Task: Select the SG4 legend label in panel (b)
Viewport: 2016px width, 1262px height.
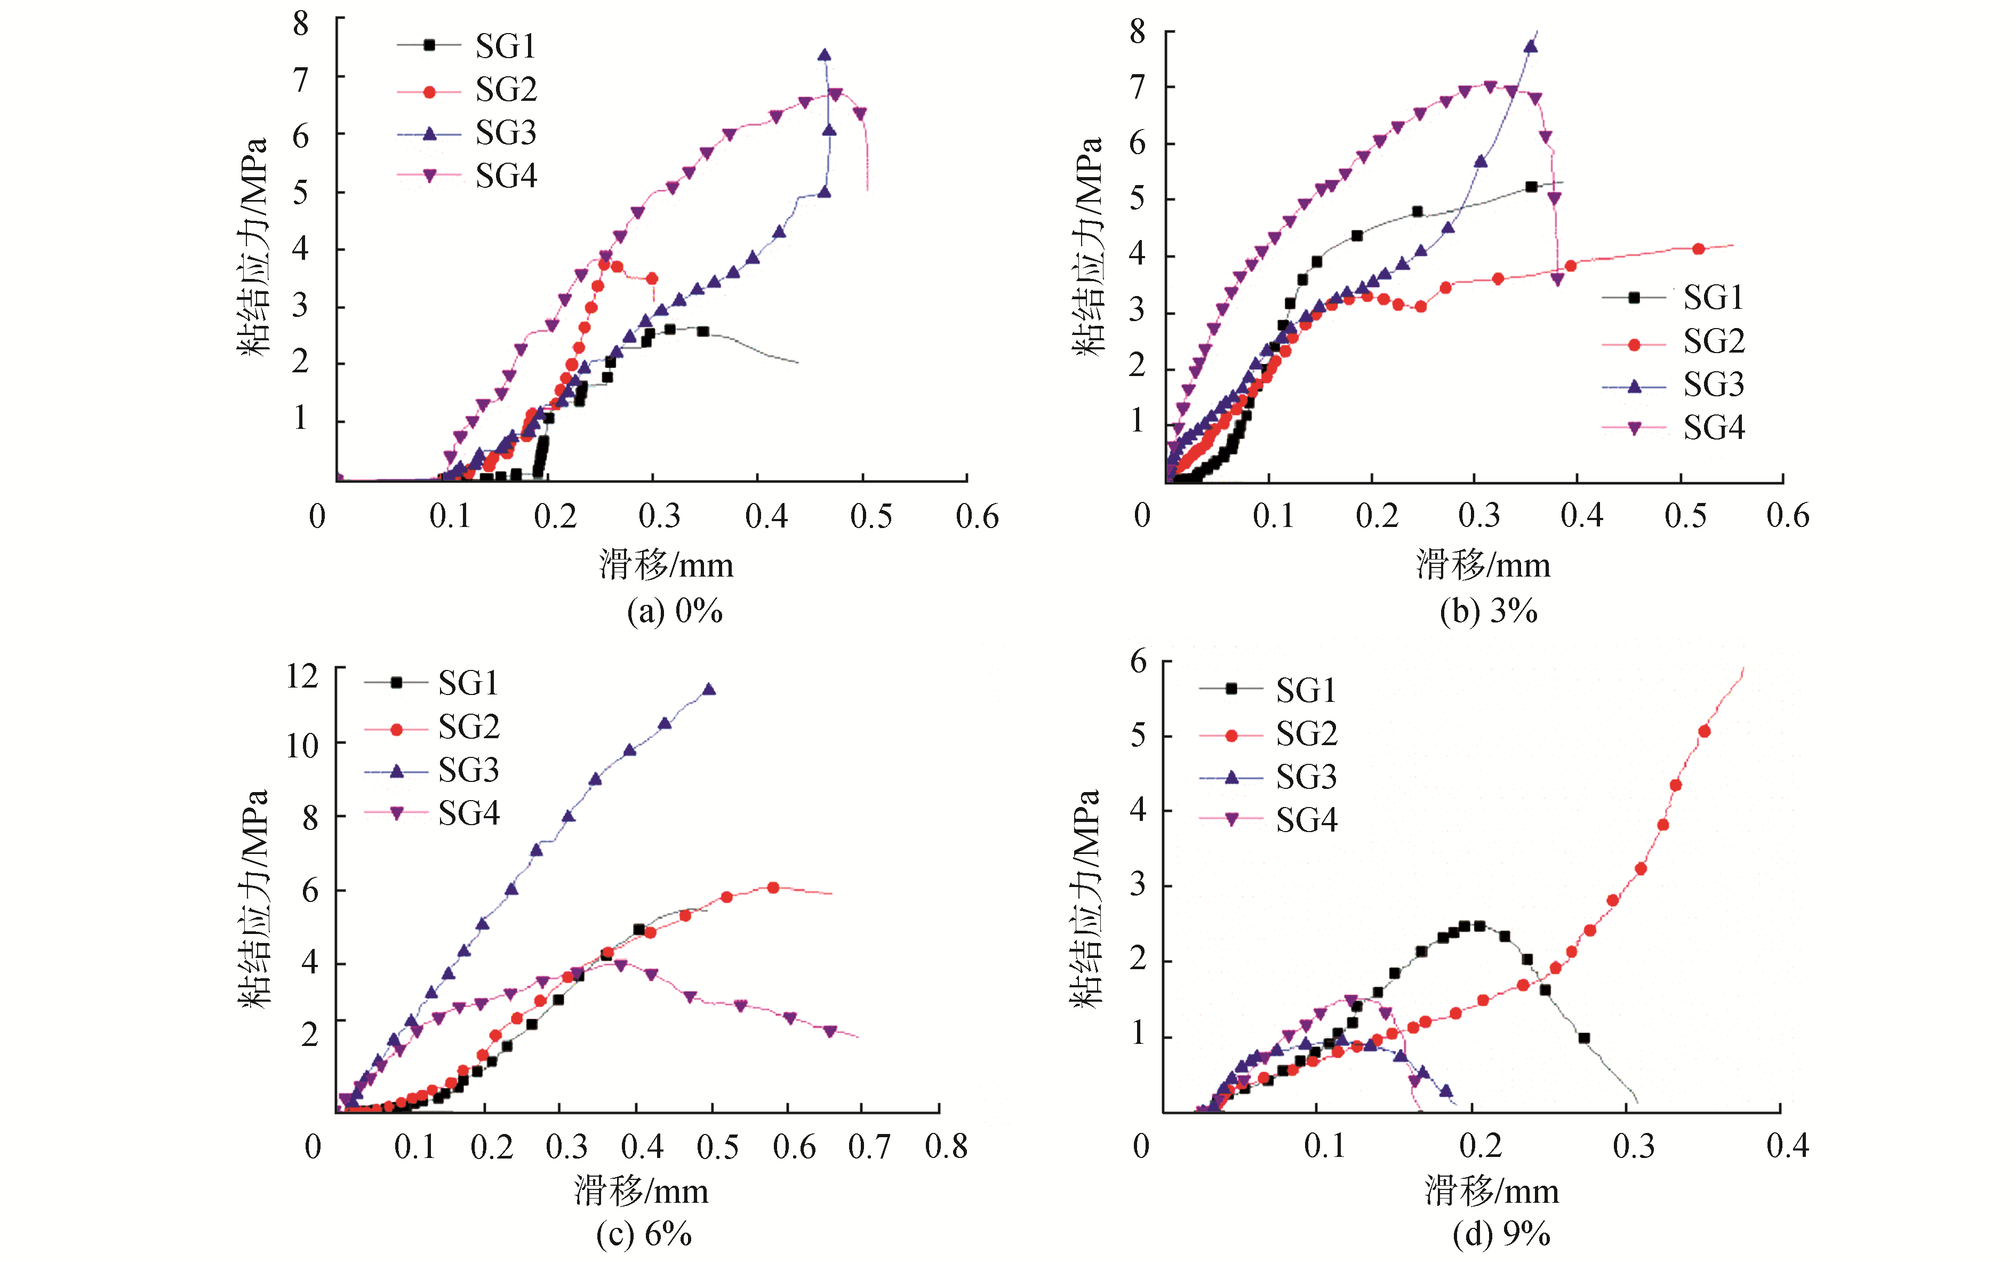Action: (x=1713, y=428)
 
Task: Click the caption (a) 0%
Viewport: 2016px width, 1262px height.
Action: (x=674, y=612)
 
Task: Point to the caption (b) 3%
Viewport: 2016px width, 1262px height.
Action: (x=1489, y=612)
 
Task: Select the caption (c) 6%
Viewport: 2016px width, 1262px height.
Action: (x=643, y=1234)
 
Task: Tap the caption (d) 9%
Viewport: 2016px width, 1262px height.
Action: (x=1501, y=1234)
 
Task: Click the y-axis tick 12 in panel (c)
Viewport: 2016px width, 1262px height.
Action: (x=302, y=676)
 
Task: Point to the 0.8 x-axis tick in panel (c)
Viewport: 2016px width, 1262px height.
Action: (x=946, y=1147)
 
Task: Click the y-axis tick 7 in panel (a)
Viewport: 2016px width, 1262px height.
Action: (x=300, y=80)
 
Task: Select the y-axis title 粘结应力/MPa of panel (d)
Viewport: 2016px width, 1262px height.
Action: (x=1088, y=897)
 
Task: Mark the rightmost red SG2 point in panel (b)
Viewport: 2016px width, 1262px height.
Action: (x=1698, y=249)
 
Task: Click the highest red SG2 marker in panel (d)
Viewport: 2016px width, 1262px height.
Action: (x=1704, y=731)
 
